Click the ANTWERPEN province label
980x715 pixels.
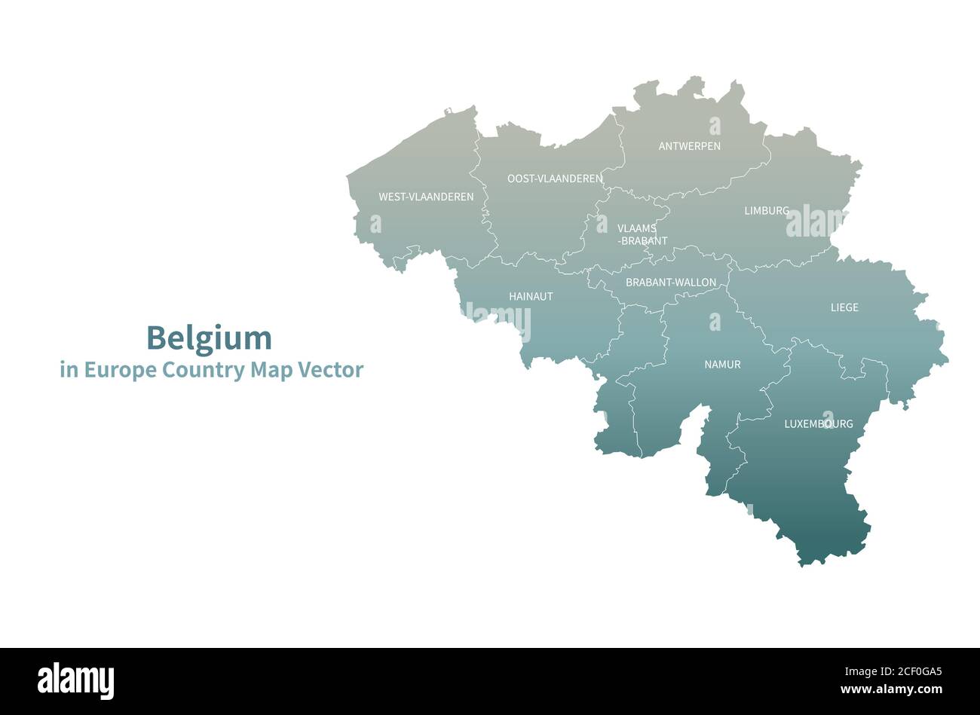[x=689, y=146]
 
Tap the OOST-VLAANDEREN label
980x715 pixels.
[x=555, y=179]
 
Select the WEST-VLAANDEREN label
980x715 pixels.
[x=426, y=197]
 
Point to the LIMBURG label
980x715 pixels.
[x=767, y=211]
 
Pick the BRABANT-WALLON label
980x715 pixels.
[x=671, y=283]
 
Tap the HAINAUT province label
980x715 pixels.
[x=531, y=297]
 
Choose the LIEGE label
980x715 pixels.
[x=844, y=307]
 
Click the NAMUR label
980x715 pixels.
[x=722, y=365]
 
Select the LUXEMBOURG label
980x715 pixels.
[x=819, y=424]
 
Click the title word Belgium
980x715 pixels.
[x=209, y=338]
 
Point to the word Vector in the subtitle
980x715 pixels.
[x=330, y=370]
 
